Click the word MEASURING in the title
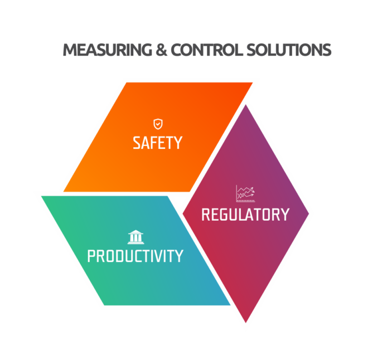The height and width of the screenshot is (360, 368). coord(107,50)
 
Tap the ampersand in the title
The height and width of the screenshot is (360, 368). coord(162,50)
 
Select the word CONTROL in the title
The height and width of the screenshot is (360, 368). coord(206,50)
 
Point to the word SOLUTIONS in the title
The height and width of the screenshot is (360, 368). coord(289,50)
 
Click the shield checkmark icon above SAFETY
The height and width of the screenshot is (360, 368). coord(158,124)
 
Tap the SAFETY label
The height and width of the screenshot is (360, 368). coord(157,143)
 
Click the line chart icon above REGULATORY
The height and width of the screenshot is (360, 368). coord(245,193)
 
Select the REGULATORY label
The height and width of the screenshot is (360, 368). coord(245,215)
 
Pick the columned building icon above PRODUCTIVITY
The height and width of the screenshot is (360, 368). coord(135,237)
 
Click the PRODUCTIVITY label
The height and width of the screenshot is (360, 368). coord(135,256)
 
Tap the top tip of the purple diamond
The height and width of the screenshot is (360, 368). coord(246,105)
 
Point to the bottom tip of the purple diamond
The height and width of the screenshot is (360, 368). coord(246,323)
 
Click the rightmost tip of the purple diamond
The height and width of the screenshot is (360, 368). coord(309,213)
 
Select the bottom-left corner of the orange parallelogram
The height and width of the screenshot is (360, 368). coord(64,192)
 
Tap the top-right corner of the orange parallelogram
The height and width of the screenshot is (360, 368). coord(253,82)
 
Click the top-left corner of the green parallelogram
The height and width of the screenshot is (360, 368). coord(41,196)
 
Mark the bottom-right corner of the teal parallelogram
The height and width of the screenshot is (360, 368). coord(230,305)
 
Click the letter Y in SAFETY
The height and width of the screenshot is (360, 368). coord(178,143)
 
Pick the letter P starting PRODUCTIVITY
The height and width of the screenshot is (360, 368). coord(91,256)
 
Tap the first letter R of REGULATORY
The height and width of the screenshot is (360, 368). coord(206,215)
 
